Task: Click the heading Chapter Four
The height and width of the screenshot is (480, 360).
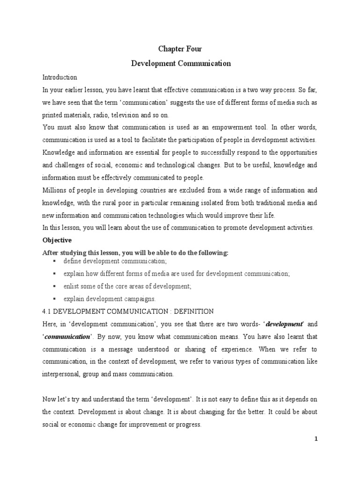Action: pyautogui.click(x=180, y=49)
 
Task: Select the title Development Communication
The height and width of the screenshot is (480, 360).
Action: pyautogui.click(x=180, y=63)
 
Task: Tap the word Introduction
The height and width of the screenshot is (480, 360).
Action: pyautogui.click(x=60, y=77)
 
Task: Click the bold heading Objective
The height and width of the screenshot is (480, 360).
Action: pyautogui.click(x=57, y=240)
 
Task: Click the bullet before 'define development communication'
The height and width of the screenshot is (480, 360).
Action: pyautogui.click(x=55, y=261)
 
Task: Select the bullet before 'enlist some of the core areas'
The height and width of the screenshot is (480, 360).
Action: pyautogui.click(x=55, y=286)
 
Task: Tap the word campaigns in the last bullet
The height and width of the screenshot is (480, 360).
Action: pyautogui.click(x=140, y=299)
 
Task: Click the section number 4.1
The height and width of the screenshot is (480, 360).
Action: pyautogui.click(x=48, y=311)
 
